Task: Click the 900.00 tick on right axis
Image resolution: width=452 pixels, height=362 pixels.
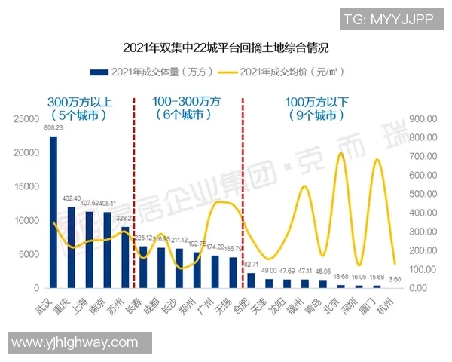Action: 421,119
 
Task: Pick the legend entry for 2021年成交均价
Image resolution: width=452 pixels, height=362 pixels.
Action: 275,72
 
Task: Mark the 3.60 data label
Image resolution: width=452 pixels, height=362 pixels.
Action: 395,280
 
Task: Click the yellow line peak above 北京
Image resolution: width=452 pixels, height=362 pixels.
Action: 341,153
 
